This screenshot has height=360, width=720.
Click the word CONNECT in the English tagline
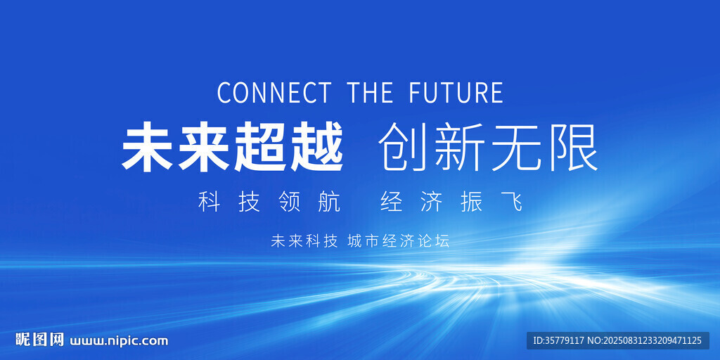pyautogui.click(x=274, y=92)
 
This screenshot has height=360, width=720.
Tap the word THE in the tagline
pyautogui.click(x=370, y=92)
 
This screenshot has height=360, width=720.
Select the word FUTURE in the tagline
pyautogui.click(x=456, y=92)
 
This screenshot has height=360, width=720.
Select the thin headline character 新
pyautogui.click(x=460, y=147)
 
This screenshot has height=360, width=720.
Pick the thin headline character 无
pyautogui.click(x=516, y=147)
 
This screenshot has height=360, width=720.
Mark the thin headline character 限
pyautogui.click(x=572, y=147)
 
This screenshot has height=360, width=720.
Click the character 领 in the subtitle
pyautogui.click(x=289, y=202)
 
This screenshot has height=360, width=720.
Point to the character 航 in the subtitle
pyautogui.click(x=329, y=202)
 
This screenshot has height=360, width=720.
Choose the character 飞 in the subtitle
pyautogui.click(x=512, y=202)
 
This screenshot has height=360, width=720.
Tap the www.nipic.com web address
pyautogui.click(x=118, y=341)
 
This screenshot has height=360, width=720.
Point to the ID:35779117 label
pyautogui.click(x=558, y=341)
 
